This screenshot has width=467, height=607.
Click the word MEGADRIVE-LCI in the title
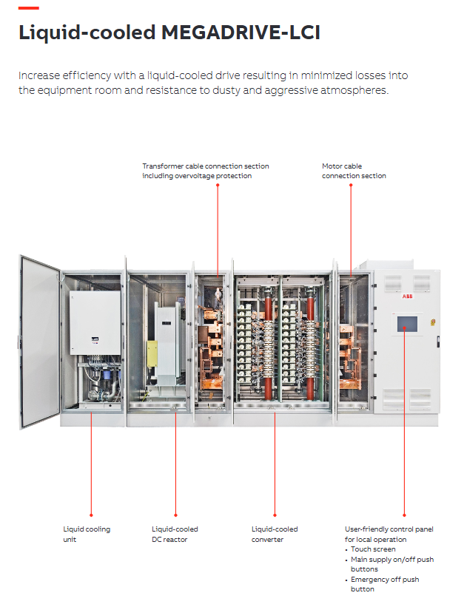[241, 32]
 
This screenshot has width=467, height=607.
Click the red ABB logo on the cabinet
[407, 296]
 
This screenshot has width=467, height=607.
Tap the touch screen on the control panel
[407, 324]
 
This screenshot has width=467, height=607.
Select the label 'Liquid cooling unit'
[87, 535]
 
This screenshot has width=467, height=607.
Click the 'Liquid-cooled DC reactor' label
[175, 535]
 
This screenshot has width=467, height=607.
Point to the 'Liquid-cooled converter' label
[275, 535]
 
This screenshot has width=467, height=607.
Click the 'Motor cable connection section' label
[354, 171]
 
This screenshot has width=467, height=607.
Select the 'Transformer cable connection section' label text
[206, 171]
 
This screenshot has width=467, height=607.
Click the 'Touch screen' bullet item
[373, 549]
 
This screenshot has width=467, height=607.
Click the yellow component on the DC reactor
[152, 353]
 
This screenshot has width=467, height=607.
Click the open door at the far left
[39, 342]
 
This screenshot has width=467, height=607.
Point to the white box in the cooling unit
[95, 322]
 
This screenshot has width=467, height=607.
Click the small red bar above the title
[29, 7]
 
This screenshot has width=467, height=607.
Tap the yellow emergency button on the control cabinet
[433, 322]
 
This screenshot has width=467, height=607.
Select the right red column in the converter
[310, 345]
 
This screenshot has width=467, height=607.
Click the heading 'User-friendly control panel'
[389, 529]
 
